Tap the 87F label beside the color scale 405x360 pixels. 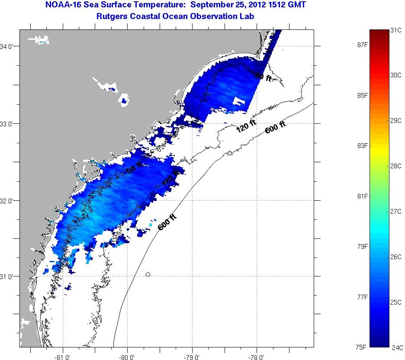362,45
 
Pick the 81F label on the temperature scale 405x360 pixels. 362,196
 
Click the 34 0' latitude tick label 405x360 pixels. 10,46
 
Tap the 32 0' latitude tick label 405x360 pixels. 10,201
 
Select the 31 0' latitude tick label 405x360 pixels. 10,276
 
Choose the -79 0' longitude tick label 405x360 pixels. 192,357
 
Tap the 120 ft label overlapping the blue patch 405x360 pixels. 170,179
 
